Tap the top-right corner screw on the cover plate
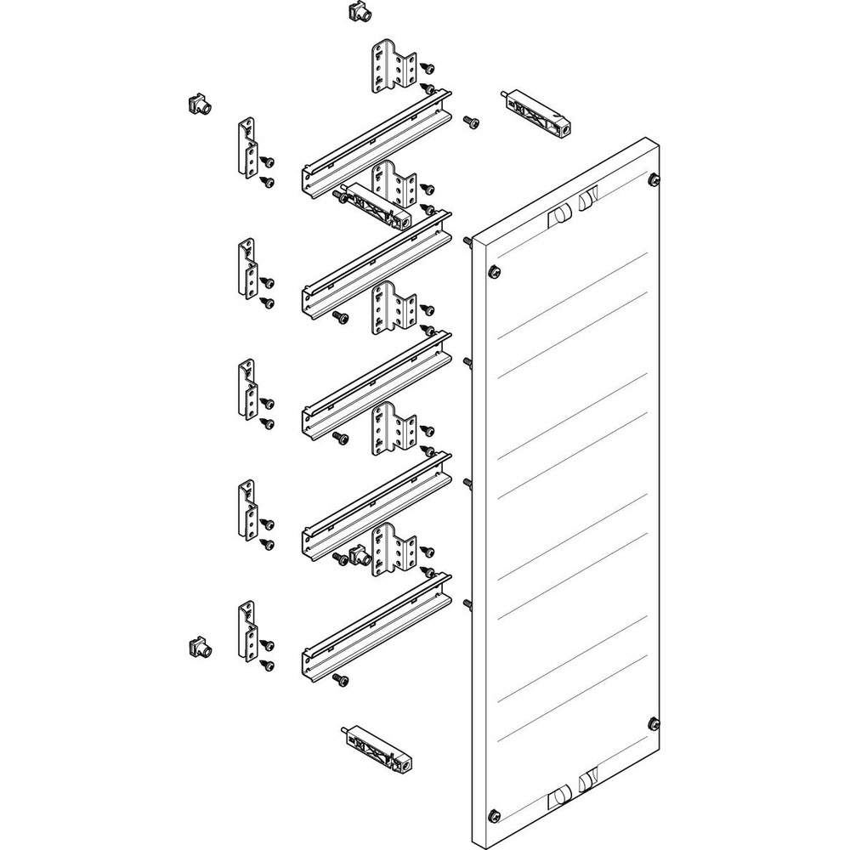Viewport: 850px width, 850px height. pos(654,179)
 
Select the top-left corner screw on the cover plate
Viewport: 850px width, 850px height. pos(492,272)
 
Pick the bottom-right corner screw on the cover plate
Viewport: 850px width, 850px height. pos(654,723)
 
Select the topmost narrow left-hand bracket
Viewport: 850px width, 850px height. pos(247,149)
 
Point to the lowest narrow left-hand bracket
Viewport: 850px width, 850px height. pos(246,631)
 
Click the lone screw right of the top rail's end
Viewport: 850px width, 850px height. pos(470,123)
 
